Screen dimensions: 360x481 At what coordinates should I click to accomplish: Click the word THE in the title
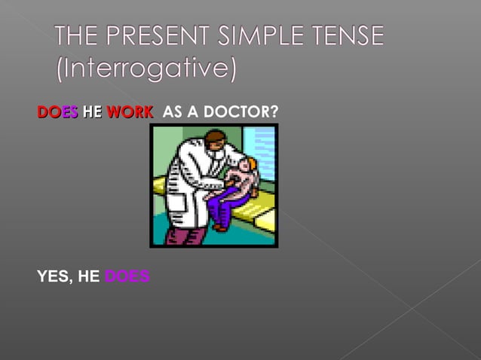click(x=78, y=36)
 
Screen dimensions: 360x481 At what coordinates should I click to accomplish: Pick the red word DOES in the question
click(x=57, y=112)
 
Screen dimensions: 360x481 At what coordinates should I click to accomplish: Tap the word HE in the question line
click(x=92, y=112)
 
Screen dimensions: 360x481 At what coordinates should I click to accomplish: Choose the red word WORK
click(x=129, y=112)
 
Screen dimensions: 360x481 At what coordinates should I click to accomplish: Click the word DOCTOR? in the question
click(x=243, y=112)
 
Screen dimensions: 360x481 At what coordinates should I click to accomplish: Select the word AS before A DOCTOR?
click(x=172, y=112)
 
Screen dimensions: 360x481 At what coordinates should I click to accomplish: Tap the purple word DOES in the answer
click(x=127, y=276)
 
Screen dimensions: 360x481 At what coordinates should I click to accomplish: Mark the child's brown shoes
click(x=219, y=225)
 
